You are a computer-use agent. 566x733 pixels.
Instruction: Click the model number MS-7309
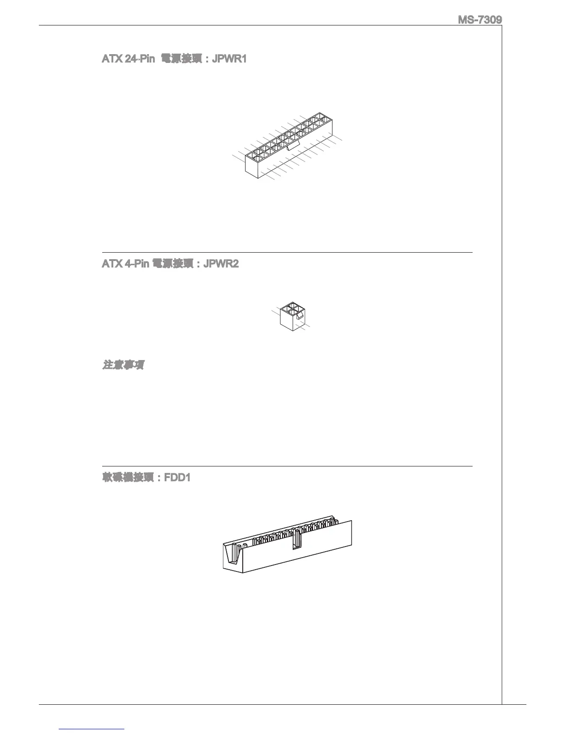coord(480,20)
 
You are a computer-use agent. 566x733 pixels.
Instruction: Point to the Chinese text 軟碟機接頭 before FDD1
coord(128,478)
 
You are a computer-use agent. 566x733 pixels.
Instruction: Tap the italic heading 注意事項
coord(123,366)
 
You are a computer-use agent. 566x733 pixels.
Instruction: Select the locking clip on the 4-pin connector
coord(300,316)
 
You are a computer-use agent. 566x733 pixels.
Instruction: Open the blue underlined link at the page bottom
coord(92,729)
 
